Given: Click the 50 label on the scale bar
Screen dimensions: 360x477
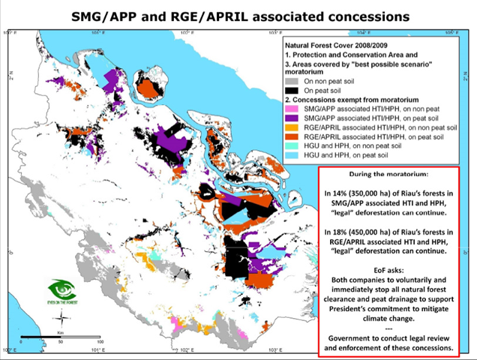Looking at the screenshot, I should coord(60,340).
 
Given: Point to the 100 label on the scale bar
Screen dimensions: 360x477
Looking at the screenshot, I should coord(99,340).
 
